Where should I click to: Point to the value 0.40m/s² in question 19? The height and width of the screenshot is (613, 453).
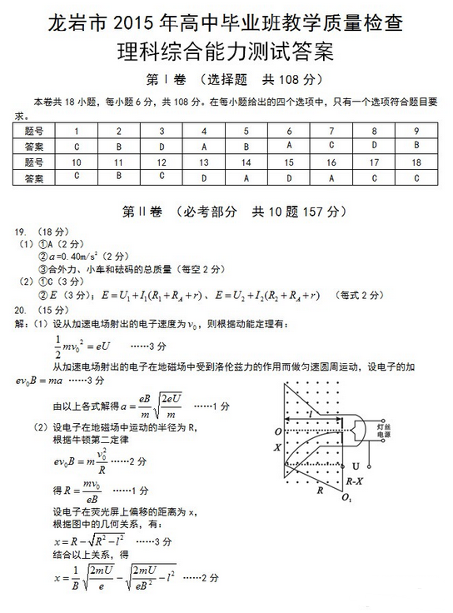(x=76, y=256)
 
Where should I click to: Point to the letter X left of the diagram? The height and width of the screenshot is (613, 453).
(x=277, y=447)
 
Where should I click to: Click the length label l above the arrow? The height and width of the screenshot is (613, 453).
(x=311, y=411)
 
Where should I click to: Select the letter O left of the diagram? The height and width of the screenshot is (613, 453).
(x=277, y=432)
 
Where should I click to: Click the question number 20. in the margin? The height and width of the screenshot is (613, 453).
(x=22, y=311)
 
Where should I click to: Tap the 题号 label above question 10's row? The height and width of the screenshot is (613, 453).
(x=34, y=162)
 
